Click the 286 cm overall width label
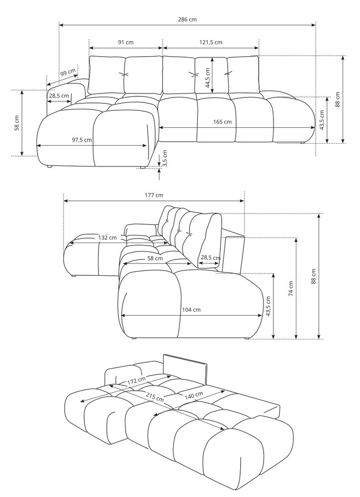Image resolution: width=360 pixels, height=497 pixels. [186, 19]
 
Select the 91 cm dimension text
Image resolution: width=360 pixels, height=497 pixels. [125, 43]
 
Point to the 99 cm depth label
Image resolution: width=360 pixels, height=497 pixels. [68, 72]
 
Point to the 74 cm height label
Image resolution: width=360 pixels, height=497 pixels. [291, 288]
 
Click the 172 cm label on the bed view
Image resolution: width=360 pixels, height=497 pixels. [136, 381]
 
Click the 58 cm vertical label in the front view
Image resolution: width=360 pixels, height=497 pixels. [17, 123]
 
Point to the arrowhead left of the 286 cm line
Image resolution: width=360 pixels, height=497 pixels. [60, 24]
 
